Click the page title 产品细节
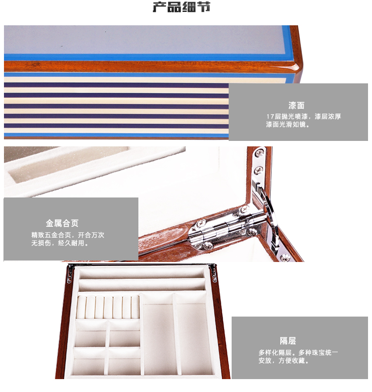pyautogui.click(x=182, y=7)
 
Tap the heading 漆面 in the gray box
pyautogui.click(x=296, y=105)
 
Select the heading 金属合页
pyautogui.click(x=62, y=223)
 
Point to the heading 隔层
pyautogui.click(x=288, y=341)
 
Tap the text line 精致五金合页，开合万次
pyautogui.click(x=68, y=235)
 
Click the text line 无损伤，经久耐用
pyautogui.click(x=60, y=243)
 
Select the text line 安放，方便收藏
pyautogui.click(x=284, y=361)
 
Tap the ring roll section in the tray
pyautogui.click(x=108, y=307)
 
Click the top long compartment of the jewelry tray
pyautogui.click(x=142, y=272)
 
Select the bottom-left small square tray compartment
pyautogui.click(x=89, y=361)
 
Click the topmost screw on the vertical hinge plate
pyautogui.click(x=260, y=152)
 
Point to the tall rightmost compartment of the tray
pyautogui.click(x=193, y=335)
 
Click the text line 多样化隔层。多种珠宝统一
pyautogui.click(x=298, y=353)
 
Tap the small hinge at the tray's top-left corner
pyautogui.click(x=70, y=274)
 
